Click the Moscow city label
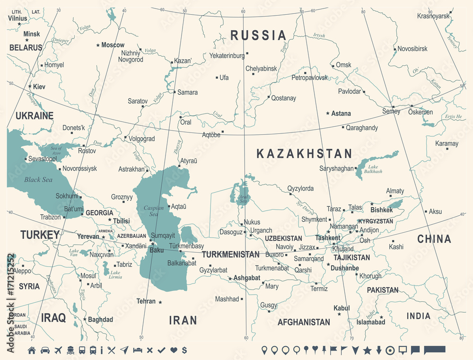pyautogui.click(x=113, y=45)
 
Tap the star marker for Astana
pyautogui.click(x=328, y=114)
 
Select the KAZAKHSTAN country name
pyautogui.click(x=304, y=153)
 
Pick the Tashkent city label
pyautogui.click(x=328, y=237)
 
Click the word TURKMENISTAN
pyautogui.click(x=230, y=254)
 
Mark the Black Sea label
pyautogui.click(x=38, y=180)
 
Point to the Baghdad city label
pyautogui.click(x=100, y=320)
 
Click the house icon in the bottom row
pyautogui.click(x=32, y=350)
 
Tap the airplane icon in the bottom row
pyautogui.click(x=59, y=350)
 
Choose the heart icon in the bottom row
pyautogui.click(x=173, y=350)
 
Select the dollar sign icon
pyautogui.click(x=184, y=350)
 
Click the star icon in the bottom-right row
pyautogui.click(x=367, y=350)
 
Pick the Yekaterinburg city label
pyautogui.click(x=227, y=55)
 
